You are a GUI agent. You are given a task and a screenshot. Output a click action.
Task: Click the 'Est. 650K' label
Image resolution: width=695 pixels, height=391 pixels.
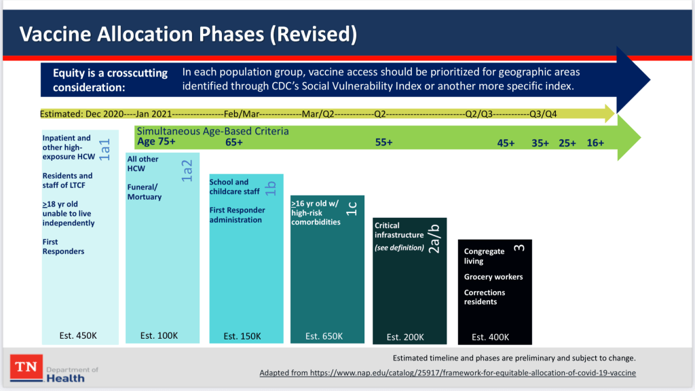(x=324, y=336)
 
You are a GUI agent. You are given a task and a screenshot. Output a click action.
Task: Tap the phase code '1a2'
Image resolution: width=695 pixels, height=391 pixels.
(x=187, y=171)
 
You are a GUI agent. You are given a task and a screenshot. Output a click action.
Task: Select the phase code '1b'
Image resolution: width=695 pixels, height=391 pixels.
(x=270, y=188)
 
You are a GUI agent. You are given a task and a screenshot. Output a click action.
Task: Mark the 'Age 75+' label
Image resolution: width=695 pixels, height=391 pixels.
(x=156, y=142)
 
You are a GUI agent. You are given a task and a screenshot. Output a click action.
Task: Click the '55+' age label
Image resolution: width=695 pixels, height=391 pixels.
(x=384, y=143)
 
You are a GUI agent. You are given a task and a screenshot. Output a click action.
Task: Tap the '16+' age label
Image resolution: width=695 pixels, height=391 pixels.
(x=595, y=143)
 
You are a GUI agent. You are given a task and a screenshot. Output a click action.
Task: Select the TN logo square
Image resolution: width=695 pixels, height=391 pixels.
(x=26, y=369)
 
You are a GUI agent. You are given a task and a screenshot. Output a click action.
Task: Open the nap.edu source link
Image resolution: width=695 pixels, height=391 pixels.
(x=447, y=373)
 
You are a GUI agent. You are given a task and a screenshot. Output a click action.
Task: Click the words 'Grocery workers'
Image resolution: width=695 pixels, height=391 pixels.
(x=493, y=277)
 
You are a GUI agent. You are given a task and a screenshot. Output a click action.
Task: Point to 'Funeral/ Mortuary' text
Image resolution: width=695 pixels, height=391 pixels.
(x=145, y=192)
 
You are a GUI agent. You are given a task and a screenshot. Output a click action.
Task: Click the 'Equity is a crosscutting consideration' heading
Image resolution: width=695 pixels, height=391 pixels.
(x=110, y=80)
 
